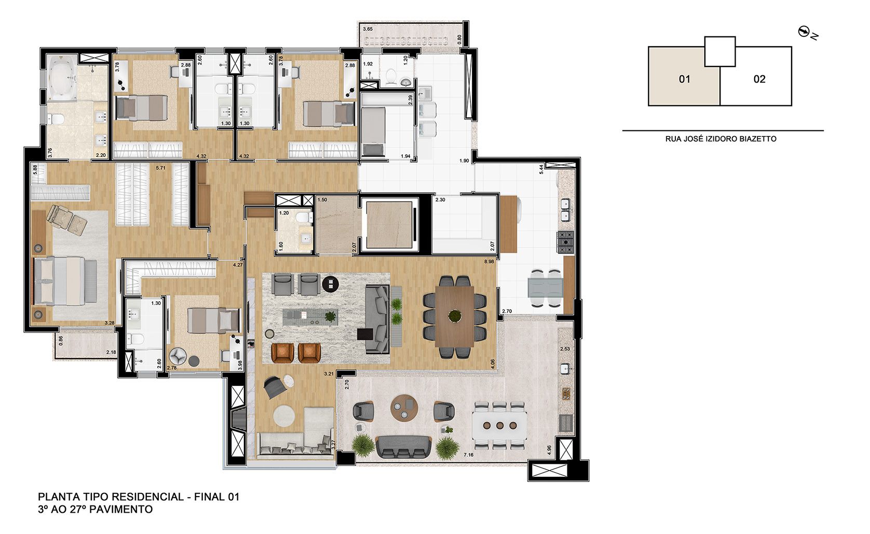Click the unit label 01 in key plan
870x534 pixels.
[x=684, y=79]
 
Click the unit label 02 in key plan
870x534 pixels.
[x=759, y=79]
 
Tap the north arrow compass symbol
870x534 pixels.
[x=805, y=32]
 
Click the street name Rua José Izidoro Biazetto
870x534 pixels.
[x=721, y=139]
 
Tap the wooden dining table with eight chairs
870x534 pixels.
[x=455, y=316]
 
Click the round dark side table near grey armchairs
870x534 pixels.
[x=330, y=284]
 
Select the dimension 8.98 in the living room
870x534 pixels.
[x=488, y=262]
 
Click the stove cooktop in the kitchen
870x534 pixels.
[x=565, y=241]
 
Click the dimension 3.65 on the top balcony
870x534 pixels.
[x=368, y=29]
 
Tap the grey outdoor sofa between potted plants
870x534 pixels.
[x=403, y=446]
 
